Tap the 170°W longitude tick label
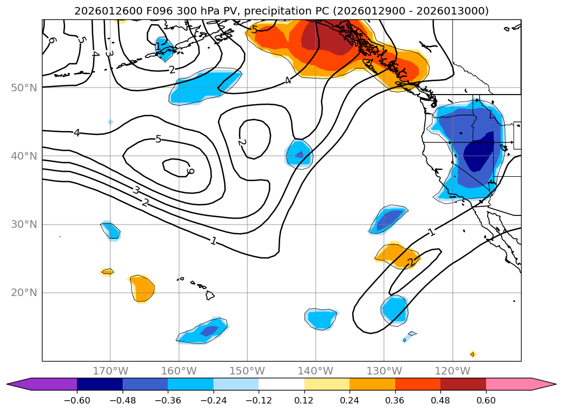coord(111,371)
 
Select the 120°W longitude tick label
coord(452,371)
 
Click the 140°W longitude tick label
coord(316,371)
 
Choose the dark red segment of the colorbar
coord(463,384)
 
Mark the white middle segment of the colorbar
coord(281,384)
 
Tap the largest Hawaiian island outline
coord(209,295)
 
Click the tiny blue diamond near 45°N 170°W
coord(110,122)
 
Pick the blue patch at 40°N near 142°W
coord(299,154)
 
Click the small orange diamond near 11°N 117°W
coord(473,354)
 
